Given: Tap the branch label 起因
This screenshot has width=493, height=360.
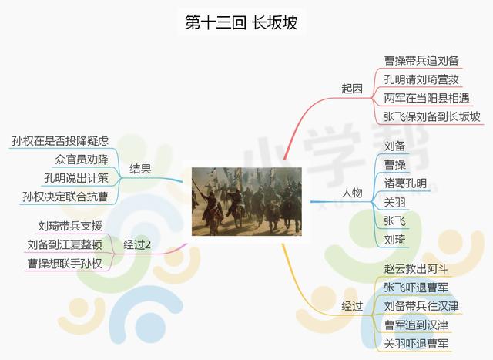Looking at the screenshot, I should coord(352,89).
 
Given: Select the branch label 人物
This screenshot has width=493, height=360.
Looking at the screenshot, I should coord(352,192).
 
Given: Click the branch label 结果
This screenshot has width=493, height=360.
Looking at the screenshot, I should coord(140,168).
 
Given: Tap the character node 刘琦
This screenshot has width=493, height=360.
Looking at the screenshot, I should coord(394,240).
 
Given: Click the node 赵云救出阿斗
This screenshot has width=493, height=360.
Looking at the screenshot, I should coord(416,268).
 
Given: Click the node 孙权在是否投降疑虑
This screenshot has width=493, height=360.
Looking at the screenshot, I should coord(60,140).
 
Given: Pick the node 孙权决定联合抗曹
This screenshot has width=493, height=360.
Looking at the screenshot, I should coord(65,197).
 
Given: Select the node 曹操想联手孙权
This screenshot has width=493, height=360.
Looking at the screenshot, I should coord(69,264).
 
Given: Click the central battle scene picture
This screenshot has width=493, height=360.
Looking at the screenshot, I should coord(246,201).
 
